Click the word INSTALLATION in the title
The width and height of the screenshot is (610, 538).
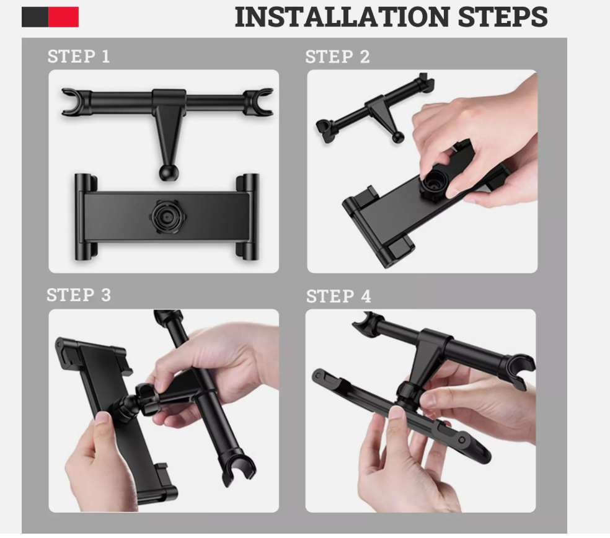click(x=342, y=17)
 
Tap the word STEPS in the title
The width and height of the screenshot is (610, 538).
click(x=503, y=17)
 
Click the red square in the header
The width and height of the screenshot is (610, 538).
click(x=63, y=17)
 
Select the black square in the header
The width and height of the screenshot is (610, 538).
click(x=35, y=17)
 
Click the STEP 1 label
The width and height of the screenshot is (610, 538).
click(x=79, y=56)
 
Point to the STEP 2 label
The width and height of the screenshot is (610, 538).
click(x=337, y=57)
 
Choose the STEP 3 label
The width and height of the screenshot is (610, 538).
click(x=79, y=295)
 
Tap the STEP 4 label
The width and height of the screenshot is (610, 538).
click(x=338, y=296)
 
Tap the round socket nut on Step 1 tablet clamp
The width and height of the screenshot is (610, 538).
click(x=167, y=216)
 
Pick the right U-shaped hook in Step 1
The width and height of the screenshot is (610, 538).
click(x=259, y=102)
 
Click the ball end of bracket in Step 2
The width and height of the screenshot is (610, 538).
click(x=397, y=137)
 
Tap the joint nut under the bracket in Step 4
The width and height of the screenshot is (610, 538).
click(x=408, y=394)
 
